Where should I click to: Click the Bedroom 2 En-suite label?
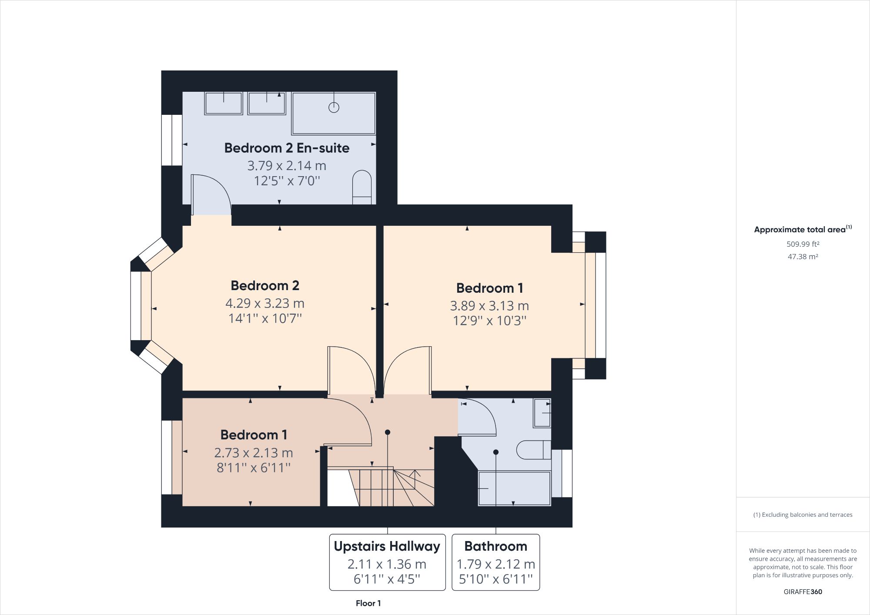287,148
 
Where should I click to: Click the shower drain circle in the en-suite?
334,107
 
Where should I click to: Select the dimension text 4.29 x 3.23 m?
264,303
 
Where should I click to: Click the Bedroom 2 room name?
264,285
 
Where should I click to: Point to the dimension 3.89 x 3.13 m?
489,306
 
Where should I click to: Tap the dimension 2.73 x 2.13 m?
253,453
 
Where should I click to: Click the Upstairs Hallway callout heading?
387,546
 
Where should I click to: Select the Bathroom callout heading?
495,546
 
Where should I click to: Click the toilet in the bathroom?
533,450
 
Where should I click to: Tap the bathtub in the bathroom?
515,488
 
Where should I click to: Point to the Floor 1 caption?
368,603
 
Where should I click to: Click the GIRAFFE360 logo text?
803,592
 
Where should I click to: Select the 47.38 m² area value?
803,257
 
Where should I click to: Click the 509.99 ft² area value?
803,244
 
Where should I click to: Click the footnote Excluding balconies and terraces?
803,515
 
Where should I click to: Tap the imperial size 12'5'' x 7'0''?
287,180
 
